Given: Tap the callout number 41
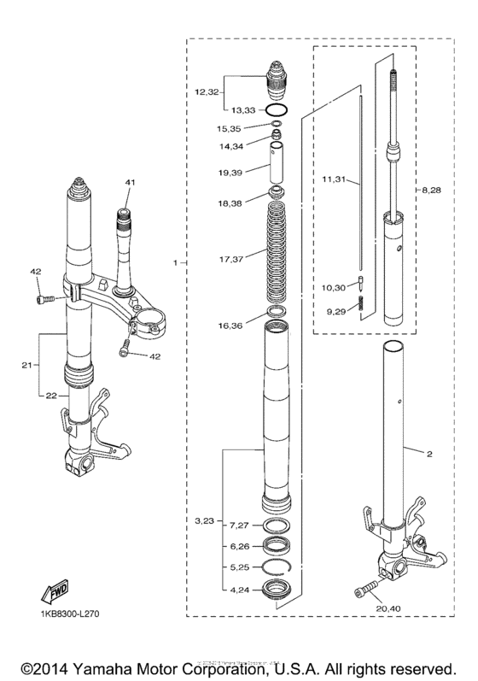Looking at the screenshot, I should [131, 183].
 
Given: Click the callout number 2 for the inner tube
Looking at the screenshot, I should [430, 455].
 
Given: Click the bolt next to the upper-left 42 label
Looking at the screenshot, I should [45, 300].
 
